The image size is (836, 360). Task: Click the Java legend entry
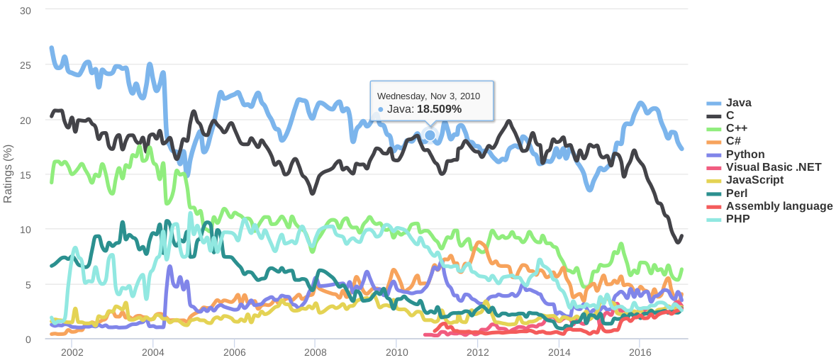(x=738, y=103)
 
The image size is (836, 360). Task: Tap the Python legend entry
(x=745, y=154)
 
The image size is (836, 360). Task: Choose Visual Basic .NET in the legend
(x=774, y=167)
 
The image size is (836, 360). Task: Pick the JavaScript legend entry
(x=754, y=180)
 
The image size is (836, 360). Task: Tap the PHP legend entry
(x=737, y=219)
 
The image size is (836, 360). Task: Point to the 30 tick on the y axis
(x=26, y=11)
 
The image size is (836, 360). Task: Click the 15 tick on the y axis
(x=26, y=175)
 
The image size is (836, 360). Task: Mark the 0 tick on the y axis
(x=28, y=339)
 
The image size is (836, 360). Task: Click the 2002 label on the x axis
(x=72, y=352)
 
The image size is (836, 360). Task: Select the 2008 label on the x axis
(x=316, y=352)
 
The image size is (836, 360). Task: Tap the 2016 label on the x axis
(x=640, y=352)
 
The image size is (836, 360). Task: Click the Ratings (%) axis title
(x=9, y=174)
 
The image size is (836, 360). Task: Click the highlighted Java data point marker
(x=430, y=135)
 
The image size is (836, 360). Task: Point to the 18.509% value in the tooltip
(x=439, y=109)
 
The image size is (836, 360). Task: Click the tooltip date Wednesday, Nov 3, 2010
(x=428, y=96)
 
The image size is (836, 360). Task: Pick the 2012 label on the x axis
(x=478, y=352)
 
